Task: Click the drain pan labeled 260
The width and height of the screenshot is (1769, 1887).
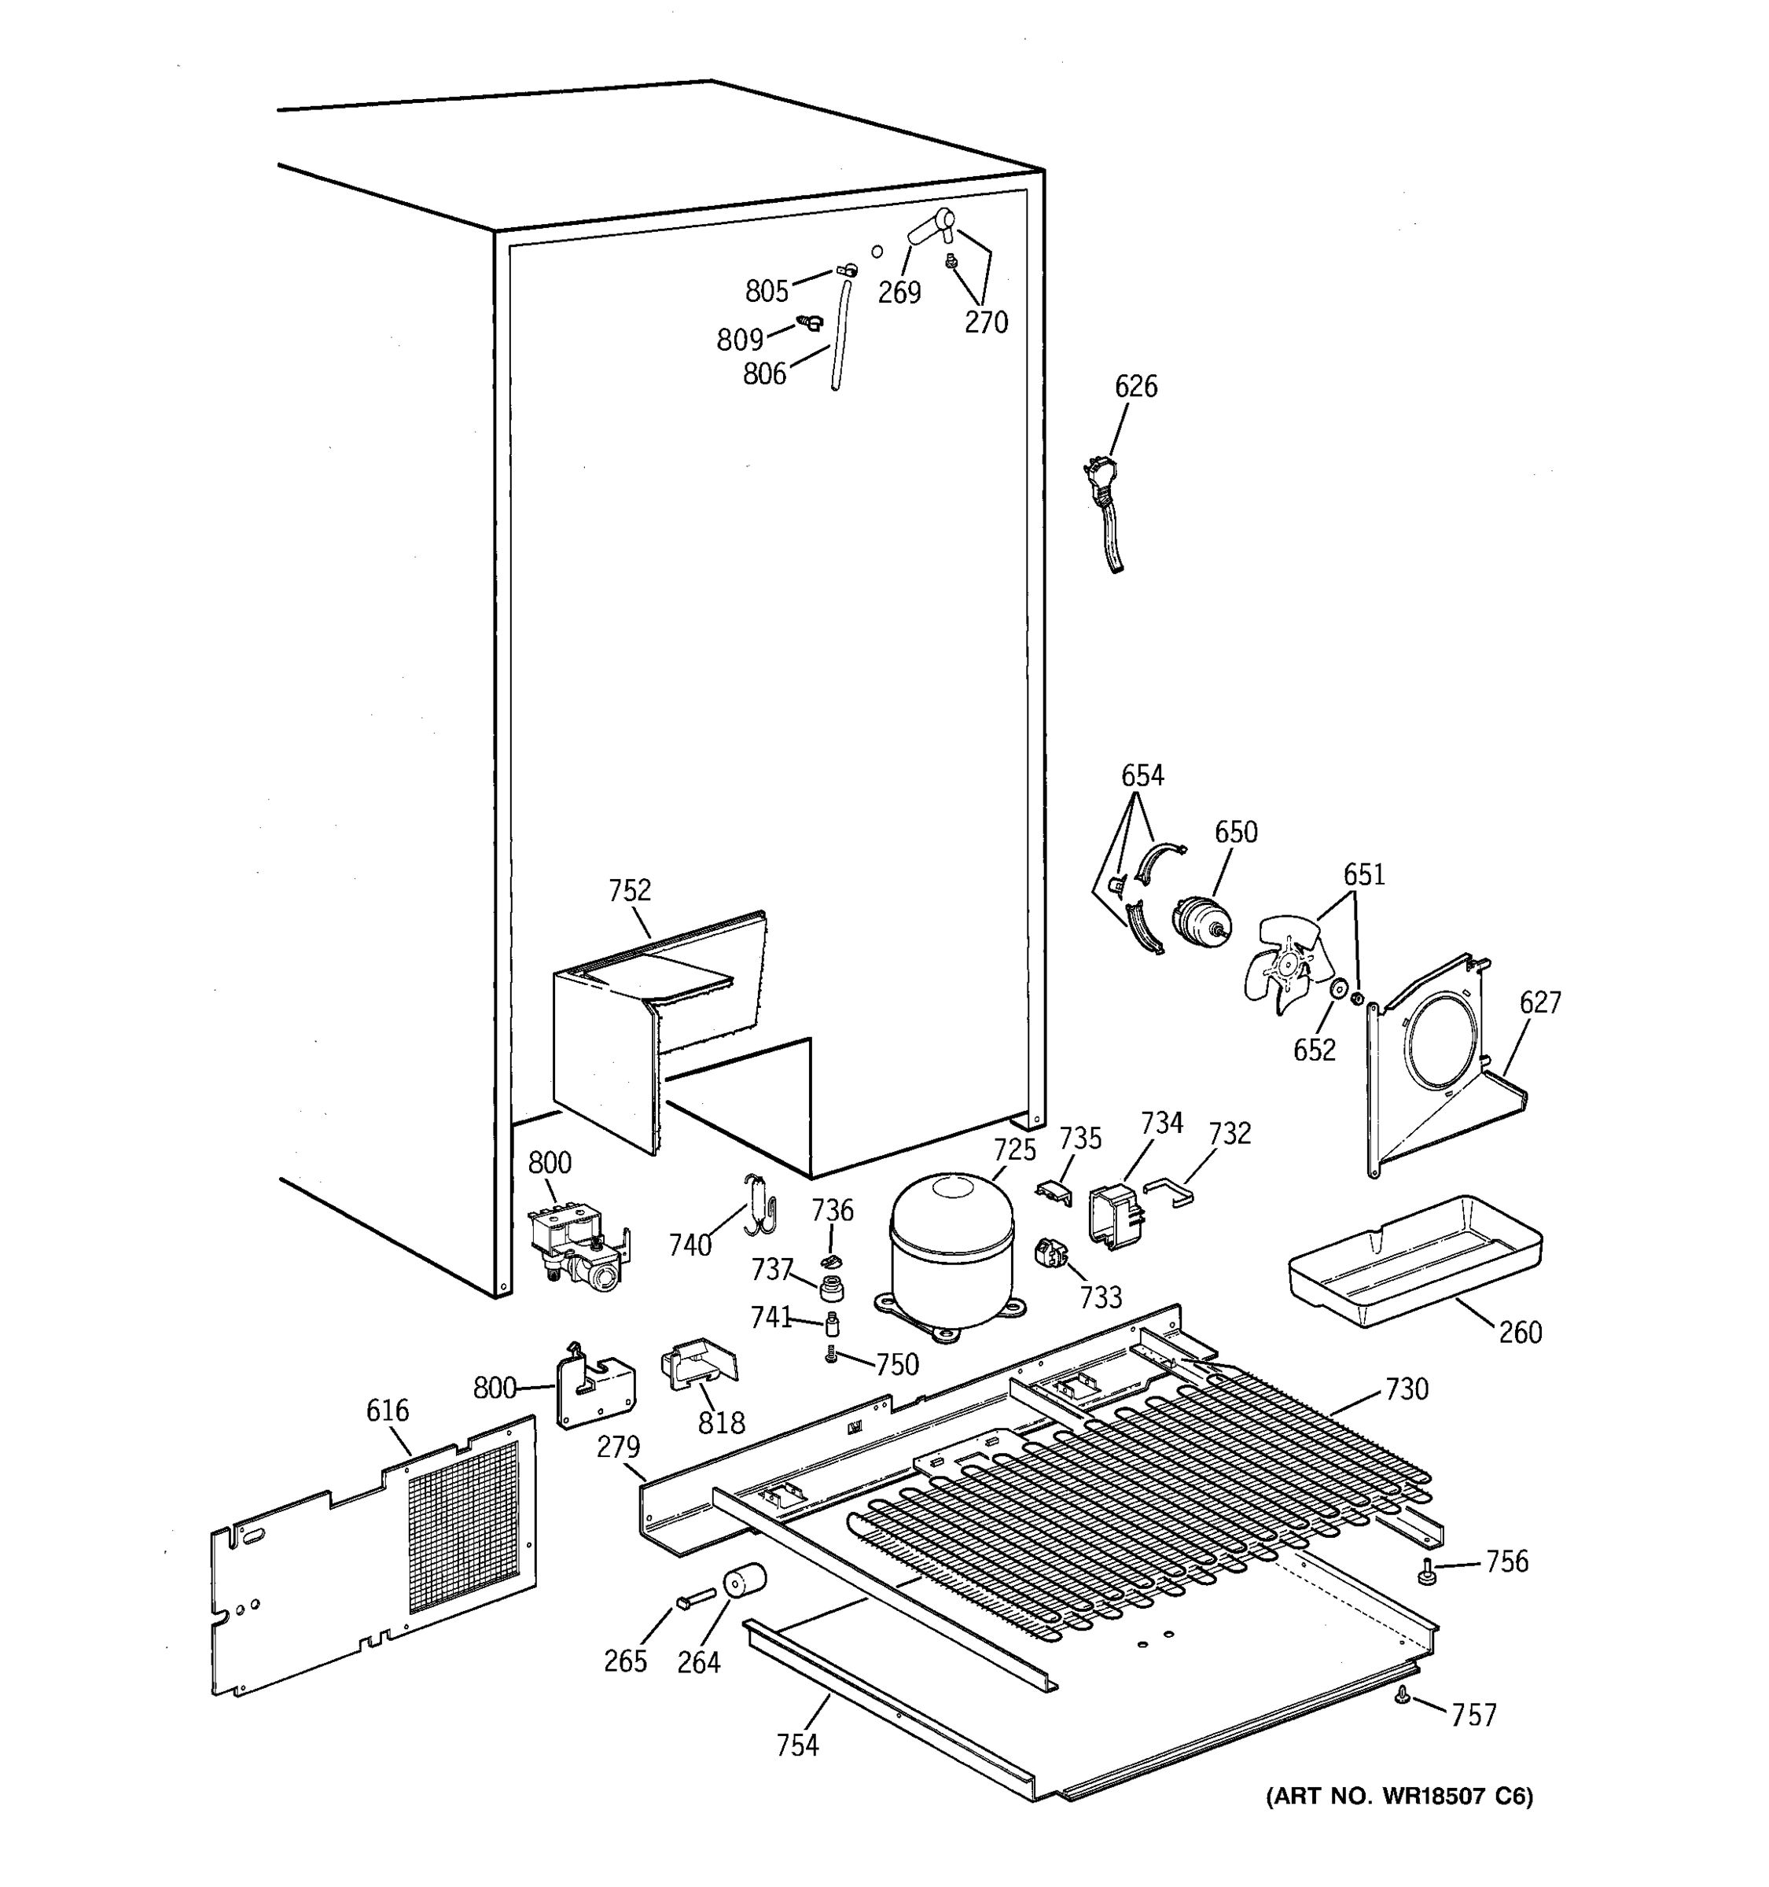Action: click(1414, 1263)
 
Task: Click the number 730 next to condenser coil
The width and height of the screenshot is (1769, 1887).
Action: click(1407, 1389)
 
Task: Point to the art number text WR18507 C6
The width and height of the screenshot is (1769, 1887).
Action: click(1399, 1796)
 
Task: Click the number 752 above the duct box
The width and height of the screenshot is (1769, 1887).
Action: click(629, 890)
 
